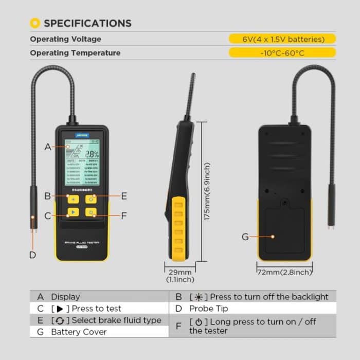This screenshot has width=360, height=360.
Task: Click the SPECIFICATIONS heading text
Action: [87, 23]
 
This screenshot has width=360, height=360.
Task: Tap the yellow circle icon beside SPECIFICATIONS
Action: [35, 23]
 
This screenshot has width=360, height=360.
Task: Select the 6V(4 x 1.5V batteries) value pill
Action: [282, 39]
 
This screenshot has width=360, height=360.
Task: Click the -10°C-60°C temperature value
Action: [282, 52]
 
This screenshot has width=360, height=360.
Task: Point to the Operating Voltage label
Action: [65, 39]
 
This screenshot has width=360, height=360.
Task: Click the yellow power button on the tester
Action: [91, 212]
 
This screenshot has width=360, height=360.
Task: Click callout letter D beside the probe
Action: [32, 254]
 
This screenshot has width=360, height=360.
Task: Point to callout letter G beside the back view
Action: [245, 237]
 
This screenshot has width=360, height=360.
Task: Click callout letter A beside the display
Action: [48, 147]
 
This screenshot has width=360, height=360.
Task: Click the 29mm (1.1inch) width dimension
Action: [179, 276]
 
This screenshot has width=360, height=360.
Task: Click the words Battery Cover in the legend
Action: [79, 332]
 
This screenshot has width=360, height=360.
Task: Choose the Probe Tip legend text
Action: [208, 309]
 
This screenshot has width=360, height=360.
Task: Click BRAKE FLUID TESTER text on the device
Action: [82, 242]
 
